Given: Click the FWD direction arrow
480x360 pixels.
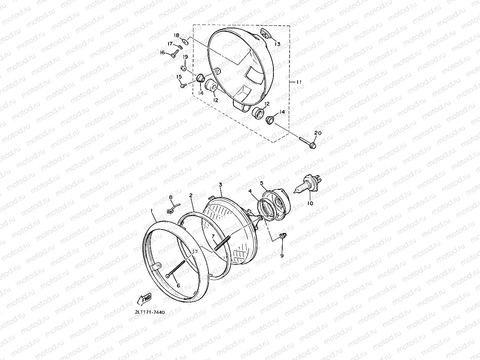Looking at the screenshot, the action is (144, 299).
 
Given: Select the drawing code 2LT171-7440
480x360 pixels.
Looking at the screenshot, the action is (150, 312).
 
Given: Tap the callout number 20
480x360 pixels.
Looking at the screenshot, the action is (318, 133).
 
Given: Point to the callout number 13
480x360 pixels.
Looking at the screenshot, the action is (277, 44).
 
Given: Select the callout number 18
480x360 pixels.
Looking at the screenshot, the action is (177, 35).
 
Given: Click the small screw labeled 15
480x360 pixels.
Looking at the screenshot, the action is (184, 86).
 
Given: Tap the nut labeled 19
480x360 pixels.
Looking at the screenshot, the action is (184, 68).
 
